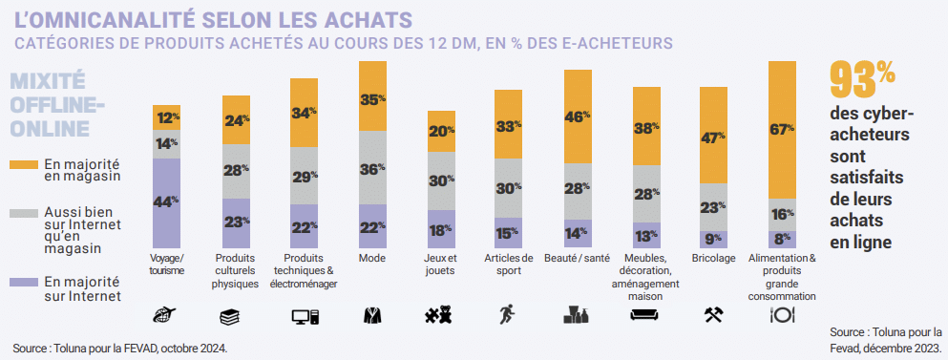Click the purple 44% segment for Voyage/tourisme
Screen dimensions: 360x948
(166, 202)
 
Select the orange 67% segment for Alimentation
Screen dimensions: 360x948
(783, 129)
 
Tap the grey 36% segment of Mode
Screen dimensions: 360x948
(372, 167)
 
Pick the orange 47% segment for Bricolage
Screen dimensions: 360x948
(714, 138)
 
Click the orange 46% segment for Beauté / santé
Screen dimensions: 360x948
(578, 116)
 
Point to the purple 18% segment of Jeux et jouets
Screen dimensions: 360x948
(440, 229)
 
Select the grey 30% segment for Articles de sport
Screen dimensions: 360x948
(509, 187)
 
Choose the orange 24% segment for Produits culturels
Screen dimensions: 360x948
(235, 120)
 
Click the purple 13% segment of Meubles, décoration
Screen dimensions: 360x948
(645, 236)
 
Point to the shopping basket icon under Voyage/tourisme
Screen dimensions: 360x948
(166, 315)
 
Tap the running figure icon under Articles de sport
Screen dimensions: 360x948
(509, 315)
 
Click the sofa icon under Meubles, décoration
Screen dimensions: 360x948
(645, 315)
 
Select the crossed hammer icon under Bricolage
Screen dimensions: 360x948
(714, 315)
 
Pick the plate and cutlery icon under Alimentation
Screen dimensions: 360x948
(783, 315)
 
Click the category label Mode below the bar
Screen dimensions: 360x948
(372, 259)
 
